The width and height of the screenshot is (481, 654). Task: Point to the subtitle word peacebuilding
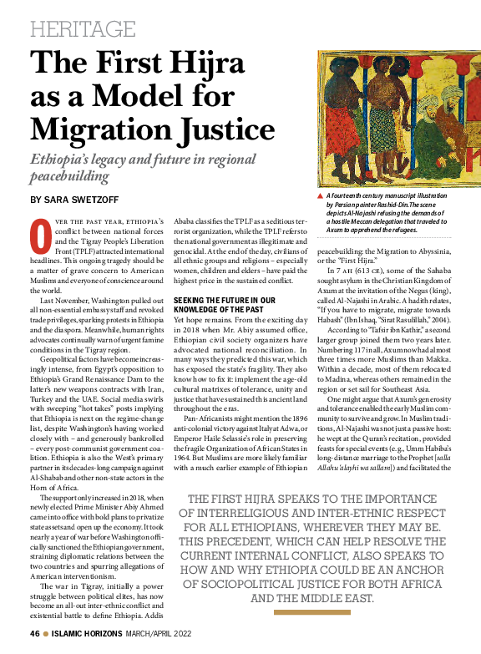pos(70,177)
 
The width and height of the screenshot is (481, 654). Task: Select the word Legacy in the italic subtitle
pos(138,160)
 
